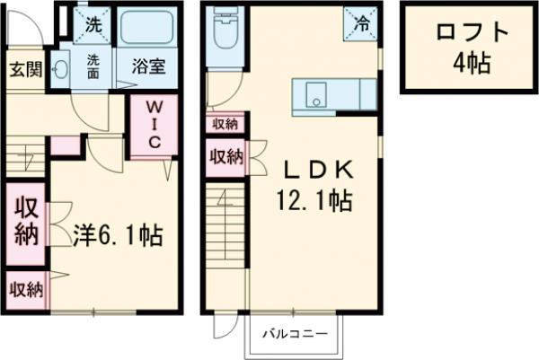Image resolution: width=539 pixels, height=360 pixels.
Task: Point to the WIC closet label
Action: point(153,126)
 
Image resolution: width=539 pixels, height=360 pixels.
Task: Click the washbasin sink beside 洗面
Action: point(61,67)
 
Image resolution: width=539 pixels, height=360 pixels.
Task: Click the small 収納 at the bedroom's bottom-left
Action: point(26,289)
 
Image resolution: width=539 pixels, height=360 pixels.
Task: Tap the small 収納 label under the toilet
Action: point(225,123)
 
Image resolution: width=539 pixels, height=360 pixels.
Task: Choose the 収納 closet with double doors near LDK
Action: point(226,157)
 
